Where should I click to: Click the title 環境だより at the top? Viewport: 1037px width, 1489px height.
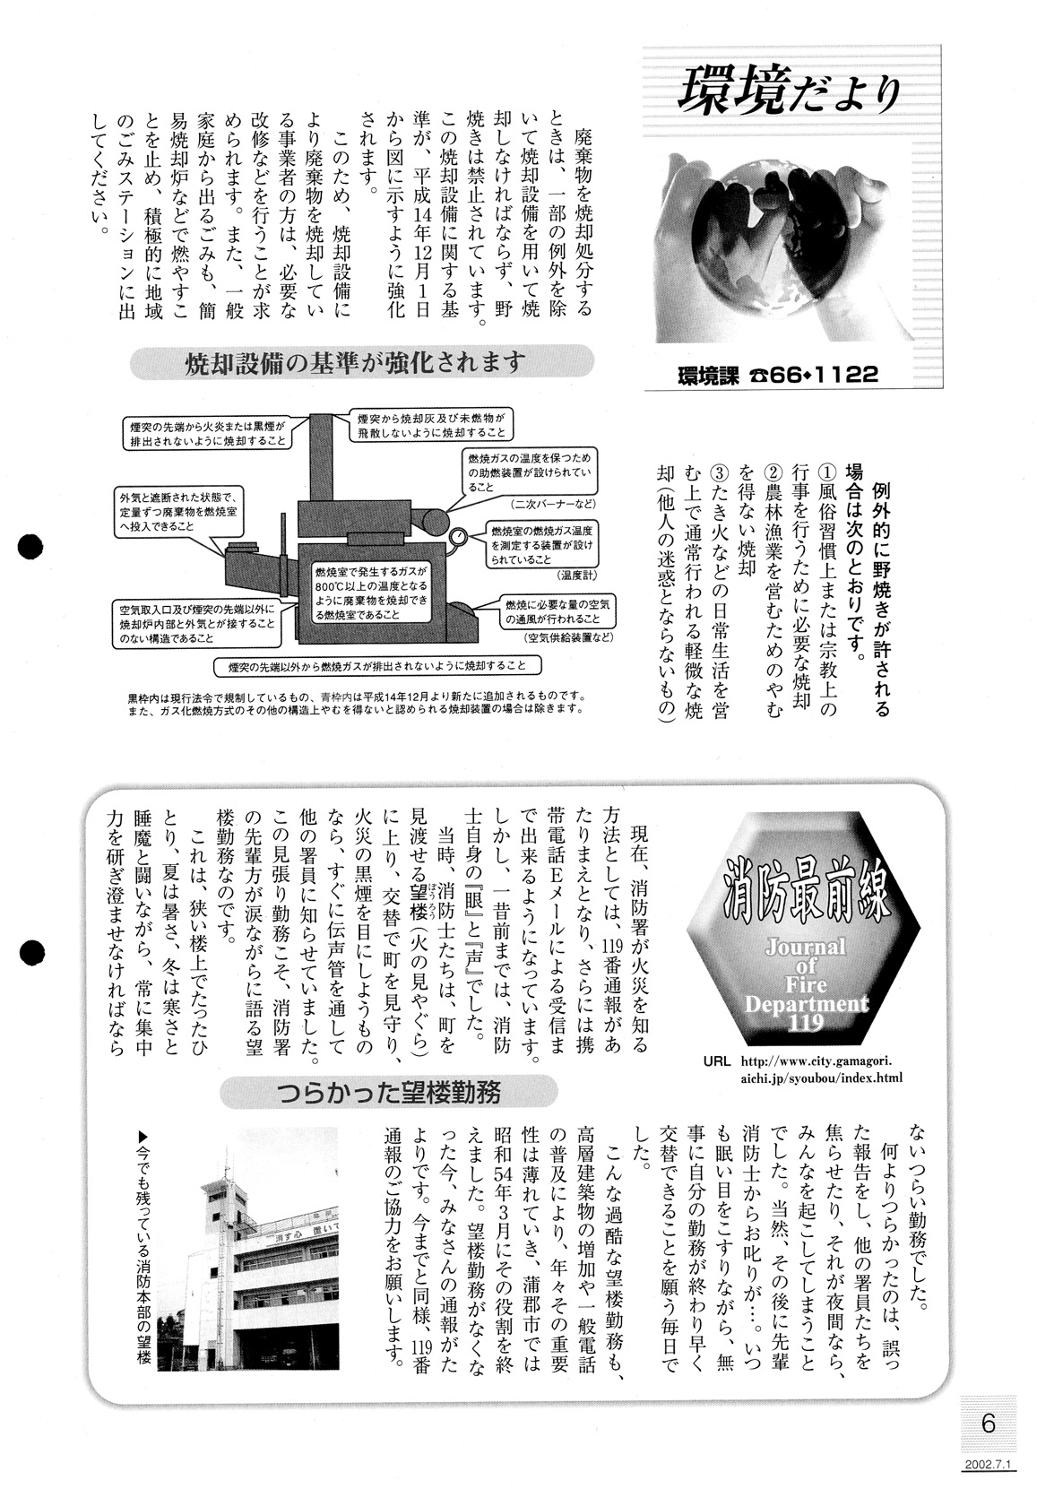788,93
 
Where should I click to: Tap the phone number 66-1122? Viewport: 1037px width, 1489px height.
824,375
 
